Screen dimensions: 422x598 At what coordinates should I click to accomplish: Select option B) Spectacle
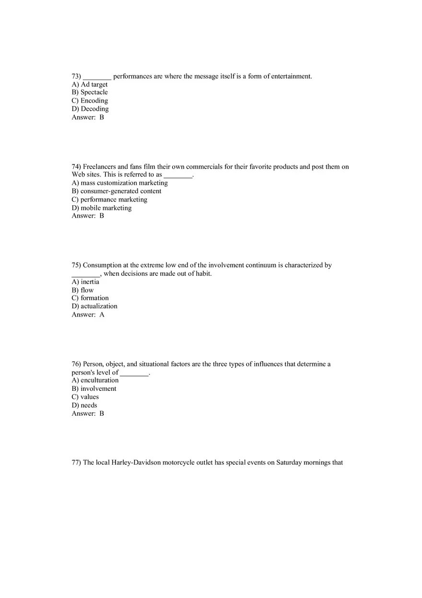90,93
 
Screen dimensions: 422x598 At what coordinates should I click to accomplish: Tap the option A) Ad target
90,84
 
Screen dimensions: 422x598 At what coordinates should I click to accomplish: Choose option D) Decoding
90,109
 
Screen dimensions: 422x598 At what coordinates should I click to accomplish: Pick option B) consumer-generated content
117,191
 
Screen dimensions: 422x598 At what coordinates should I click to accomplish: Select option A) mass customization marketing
120,183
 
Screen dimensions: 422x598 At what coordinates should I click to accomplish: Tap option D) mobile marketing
102,208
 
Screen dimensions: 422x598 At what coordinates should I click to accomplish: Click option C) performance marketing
109,199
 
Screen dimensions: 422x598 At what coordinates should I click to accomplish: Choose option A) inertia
85,282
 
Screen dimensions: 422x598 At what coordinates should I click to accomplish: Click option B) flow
83,290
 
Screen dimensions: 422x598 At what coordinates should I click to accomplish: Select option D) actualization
94,306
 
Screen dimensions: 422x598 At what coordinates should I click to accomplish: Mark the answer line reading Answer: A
88,315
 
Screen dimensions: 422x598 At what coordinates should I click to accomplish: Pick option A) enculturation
95,380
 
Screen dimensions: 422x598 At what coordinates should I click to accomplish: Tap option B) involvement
94,389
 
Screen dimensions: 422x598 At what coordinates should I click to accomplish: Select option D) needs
84,405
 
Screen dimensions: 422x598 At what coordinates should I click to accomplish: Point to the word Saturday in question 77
289,463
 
